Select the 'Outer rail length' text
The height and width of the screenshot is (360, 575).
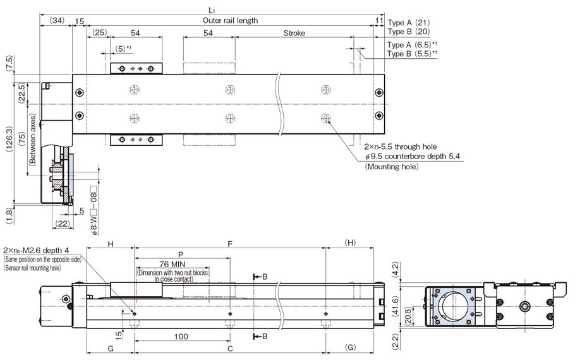click(231, 20)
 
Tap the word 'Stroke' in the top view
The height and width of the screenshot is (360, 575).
click(294, 32)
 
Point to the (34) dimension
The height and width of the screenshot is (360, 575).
click(56, 20)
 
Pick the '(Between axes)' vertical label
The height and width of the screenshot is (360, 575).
click(32, 143)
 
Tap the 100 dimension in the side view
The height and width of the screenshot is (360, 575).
click(180, 337)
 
